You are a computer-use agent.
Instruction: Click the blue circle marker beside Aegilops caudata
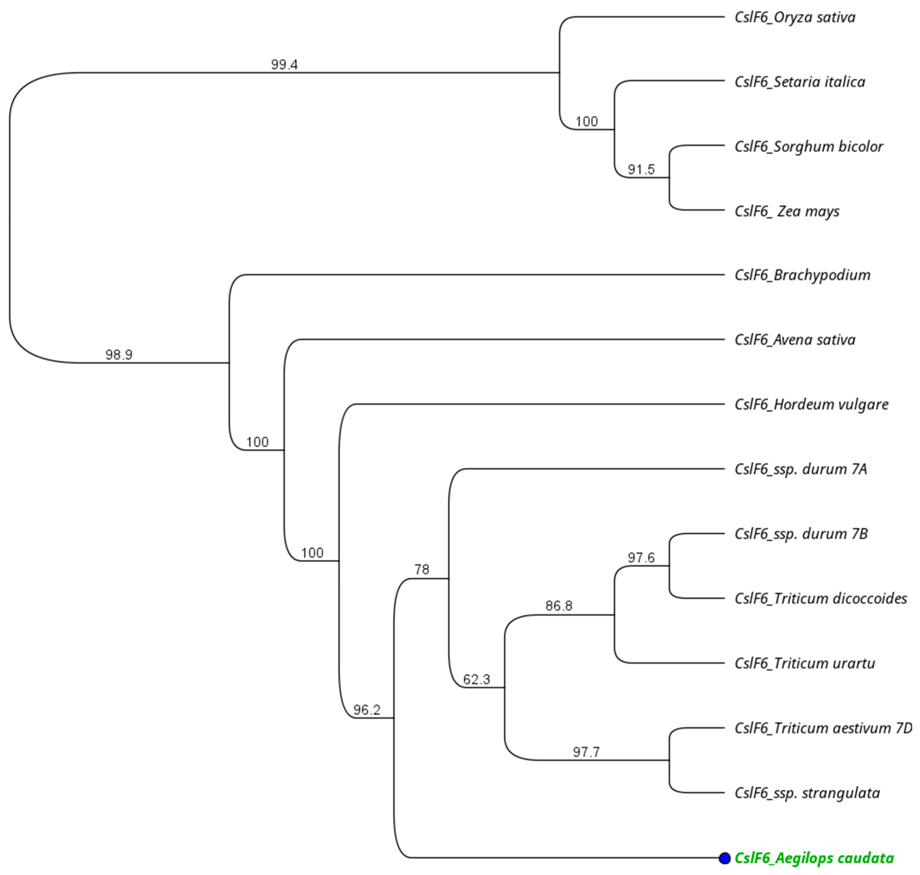[724, 858]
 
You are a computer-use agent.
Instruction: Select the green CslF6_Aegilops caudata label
[814, 858]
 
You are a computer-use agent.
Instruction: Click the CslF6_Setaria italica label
[800, 82]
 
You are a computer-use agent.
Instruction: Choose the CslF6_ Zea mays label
[787, 211]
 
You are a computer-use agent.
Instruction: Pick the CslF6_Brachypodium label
[802, 275]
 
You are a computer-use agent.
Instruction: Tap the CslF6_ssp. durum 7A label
[801, 469]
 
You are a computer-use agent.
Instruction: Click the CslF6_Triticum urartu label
[805, 663]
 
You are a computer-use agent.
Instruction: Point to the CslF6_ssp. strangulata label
[807, 793]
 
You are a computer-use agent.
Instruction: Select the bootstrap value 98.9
[119, 355]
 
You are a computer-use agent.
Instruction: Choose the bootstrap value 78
[422, 570]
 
